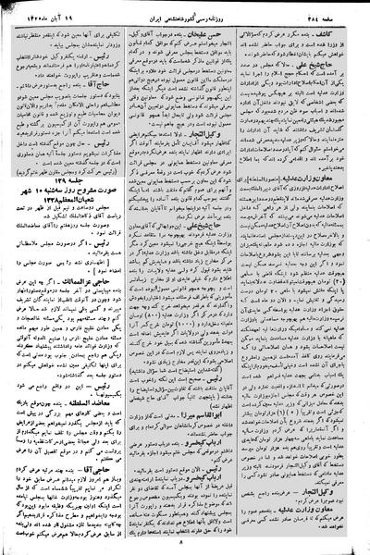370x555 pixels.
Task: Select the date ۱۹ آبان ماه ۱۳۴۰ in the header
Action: point(45,11)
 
